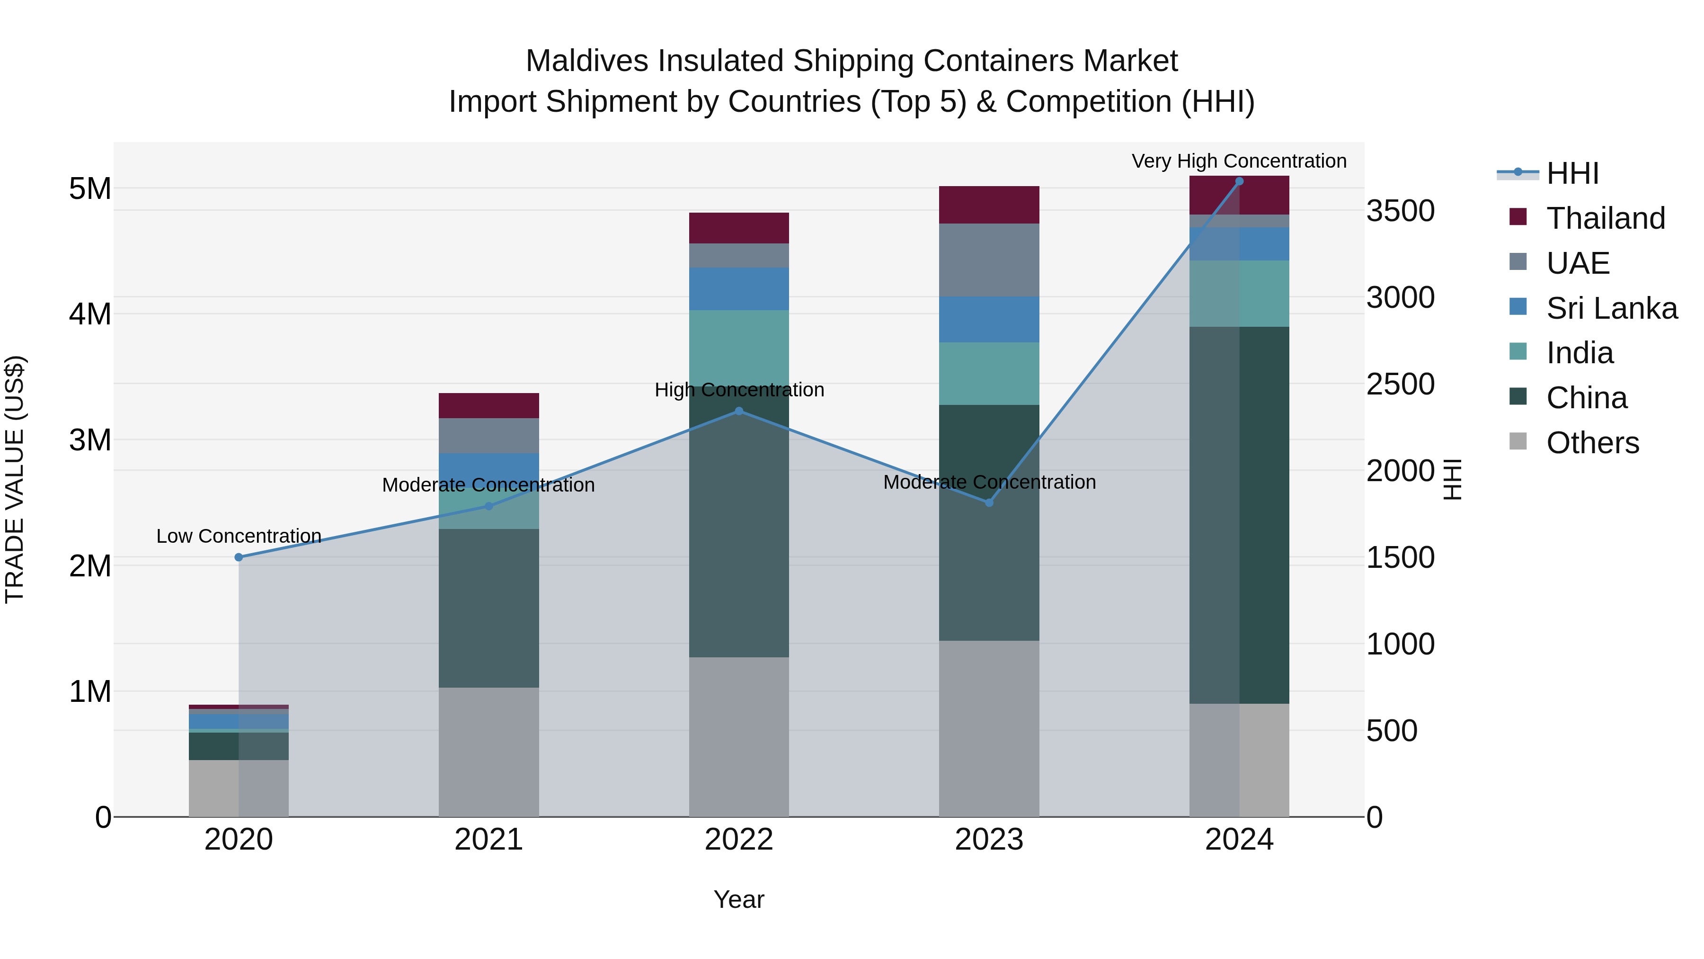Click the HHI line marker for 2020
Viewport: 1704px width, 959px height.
pyautogui.click(x=239, y=557)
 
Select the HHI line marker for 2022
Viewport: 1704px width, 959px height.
pyautogui.click(x=739, y=411)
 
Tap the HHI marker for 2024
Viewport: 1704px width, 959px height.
pyautogui.click(x=1239, y=181)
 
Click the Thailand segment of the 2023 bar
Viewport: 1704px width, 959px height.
pyautogui.click(x=989, y=205)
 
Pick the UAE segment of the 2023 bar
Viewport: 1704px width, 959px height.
pyautogui.click(x=989, y=260)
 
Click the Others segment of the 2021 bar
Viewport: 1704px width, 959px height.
pyautogui.click(x=489, y=752)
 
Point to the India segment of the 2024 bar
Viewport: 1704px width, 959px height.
pyautogui.click(x=1239, y=293)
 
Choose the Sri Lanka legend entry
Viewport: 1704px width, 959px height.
pyautogui.click(x=1611, y=308)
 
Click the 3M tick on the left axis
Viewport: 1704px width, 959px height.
pyautogui.click(x=90, y=440)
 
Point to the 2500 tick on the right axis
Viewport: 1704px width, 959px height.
pyautogui.click(x=1401, y=385)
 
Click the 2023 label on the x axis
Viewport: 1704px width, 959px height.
pyautogui.click(x=989, y=840)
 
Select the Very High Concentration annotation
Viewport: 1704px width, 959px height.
pyautogui.click(x=1239, y=161)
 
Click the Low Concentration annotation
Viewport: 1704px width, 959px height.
pyautogui.click(x=239, y=536)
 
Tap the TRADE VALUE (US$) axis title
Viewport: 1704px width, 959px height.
pyautogui.click(x=15, y=479)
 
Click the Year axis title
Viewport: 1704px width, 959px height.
pyautogui.click(x=739, y=899)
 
